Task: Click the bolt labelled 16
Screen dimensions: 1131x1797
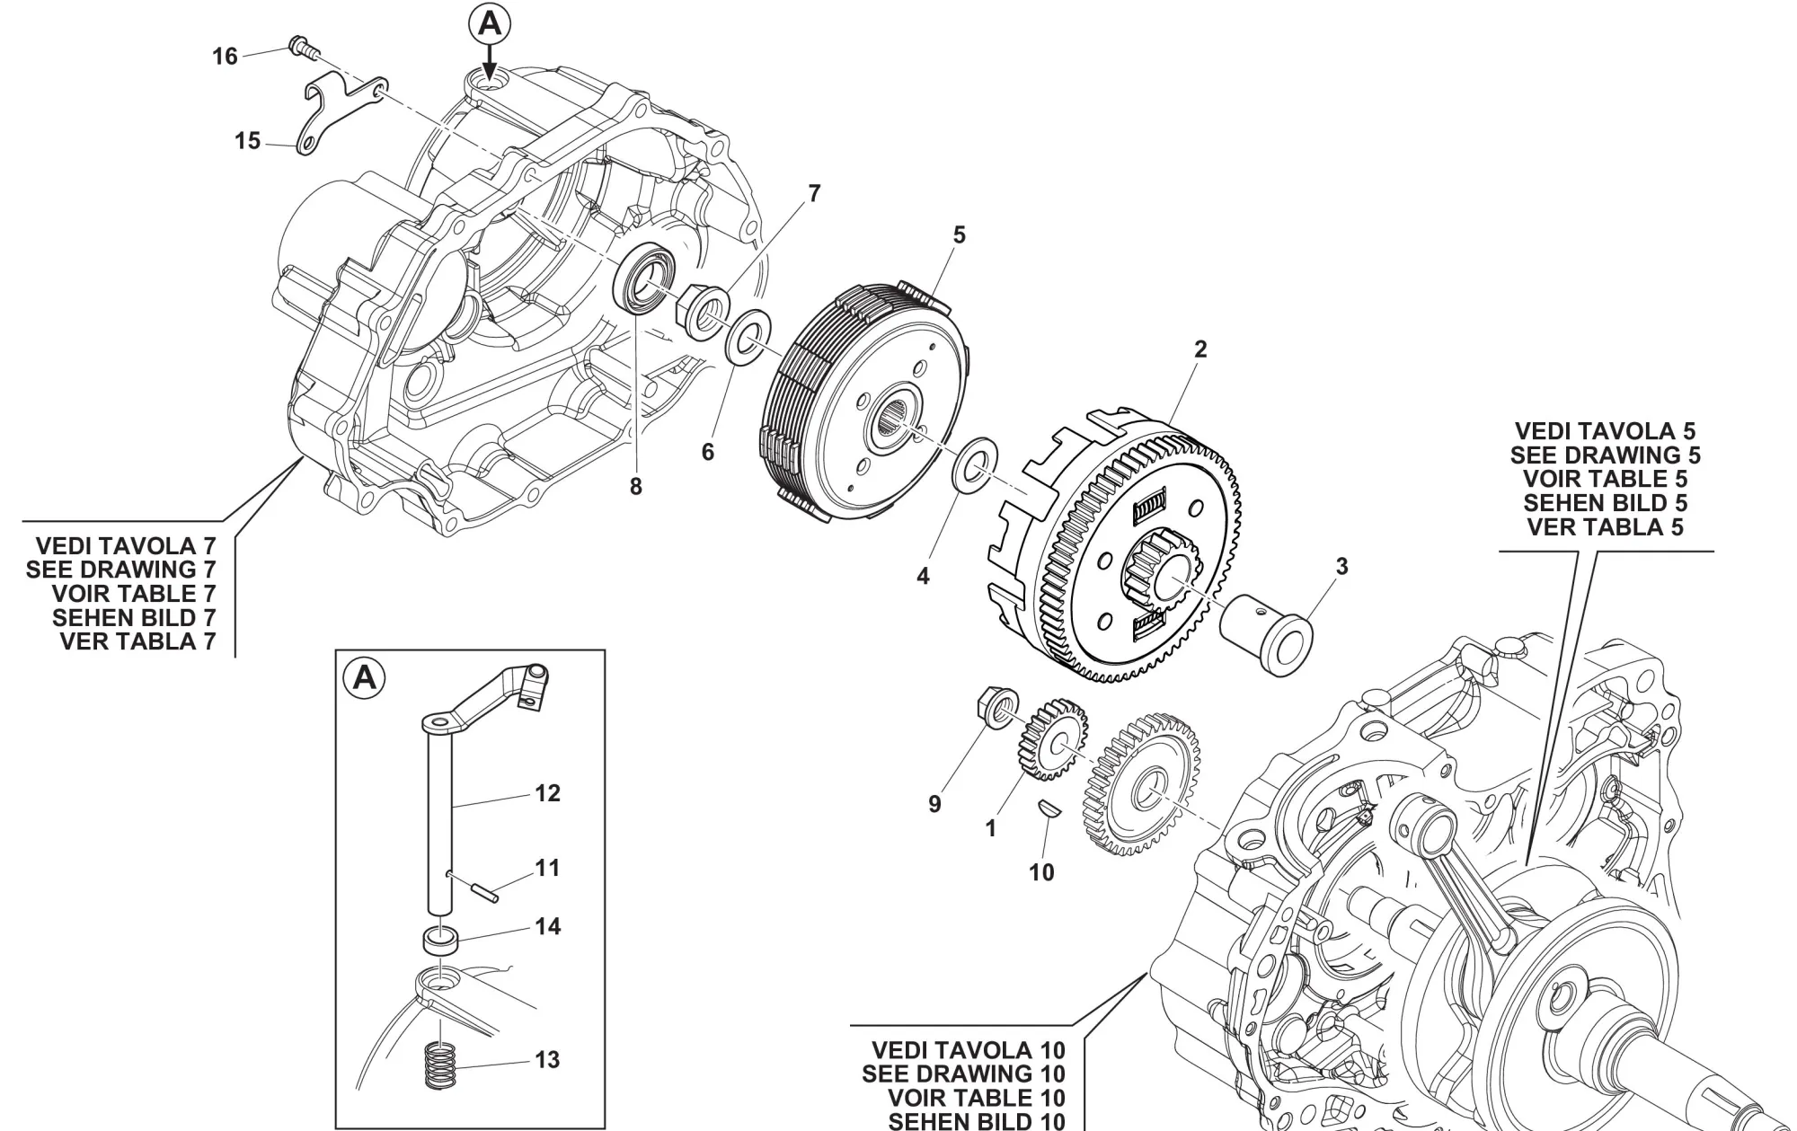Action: tap(301, 47)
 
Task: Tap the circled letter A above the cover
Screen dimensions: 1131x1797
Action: tap(490, 24)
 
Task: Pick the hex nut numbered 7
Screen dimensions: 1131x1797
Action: tap(702, 311)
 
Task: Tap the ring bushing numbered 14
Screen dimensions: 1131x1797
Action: tap(439, 941)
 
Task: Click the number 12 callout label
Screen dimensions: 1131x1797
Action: tap(547, 793)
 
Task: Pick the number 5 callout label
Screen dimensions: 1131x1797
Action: tap(959, 235)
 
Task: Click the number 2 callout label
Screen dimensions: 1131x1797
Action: tap(1200, 349)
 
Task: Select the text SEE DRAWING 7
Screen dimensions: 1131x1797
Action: tap(121, 570)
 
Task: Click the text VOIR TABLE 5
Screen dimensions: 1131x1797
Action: tap(1605, 479)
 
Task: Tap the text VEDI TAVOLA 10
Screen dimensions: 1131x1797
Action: tap(968, 1050)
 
